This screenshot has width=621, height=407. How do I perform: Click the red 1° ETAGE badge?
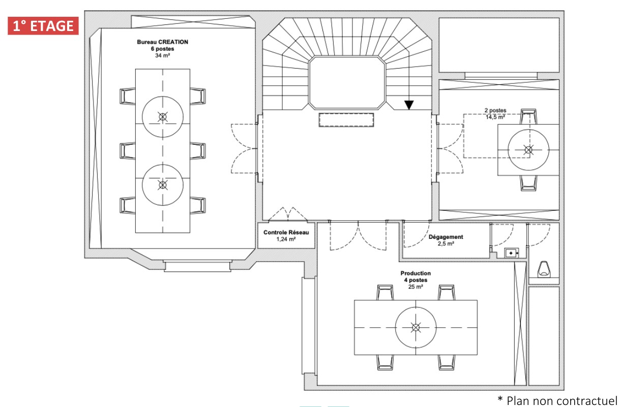click(x=43, y=26)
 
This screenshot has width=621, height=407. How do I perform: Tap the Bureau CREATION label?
click(x=162, y=42)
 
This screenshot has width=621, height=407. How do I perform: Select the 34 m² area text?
click(x=162, y=55)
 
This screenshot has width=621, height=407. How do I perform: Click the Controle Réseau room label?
click(x=286, y=232)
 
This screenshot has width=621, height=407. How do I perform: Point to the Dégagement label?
click(x=446, y=237)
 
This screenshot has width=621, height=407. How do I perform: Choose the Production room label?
click(x=416, y=273)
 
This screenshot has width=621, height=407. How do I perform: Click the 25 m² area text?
click(x=416, y=287)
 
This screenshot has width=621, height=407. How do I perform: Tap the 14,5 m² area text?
click(x=495, y=117)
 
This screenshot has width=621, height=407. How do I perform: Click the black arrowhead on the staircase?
click(x=409, y=105)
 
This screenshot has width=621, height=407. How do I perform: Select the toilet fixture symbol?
click(x=544, y=269)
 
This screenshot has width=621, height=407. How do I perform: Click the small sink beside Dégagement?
click(x=511, y=253)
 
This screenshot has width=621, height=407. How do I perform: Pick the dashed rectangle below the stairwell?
click(x=346, y=120)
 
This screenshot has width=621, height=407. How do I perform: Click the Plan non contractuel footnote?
click(x=557, y=400)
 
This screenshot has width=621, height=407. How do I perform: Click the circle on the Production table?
click(x=395, y=328)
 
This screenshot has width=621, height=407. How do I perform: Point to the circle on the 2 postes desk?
click(x=508, y=150)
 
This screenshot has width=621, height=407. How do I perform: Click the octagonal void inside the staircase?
click(x=347, y=82)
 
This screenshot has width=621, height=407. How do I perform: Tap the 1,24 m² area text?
click(x=286, y=239)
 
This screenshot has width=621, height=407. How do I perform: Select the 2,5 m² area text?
click(x=446, y=244)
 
